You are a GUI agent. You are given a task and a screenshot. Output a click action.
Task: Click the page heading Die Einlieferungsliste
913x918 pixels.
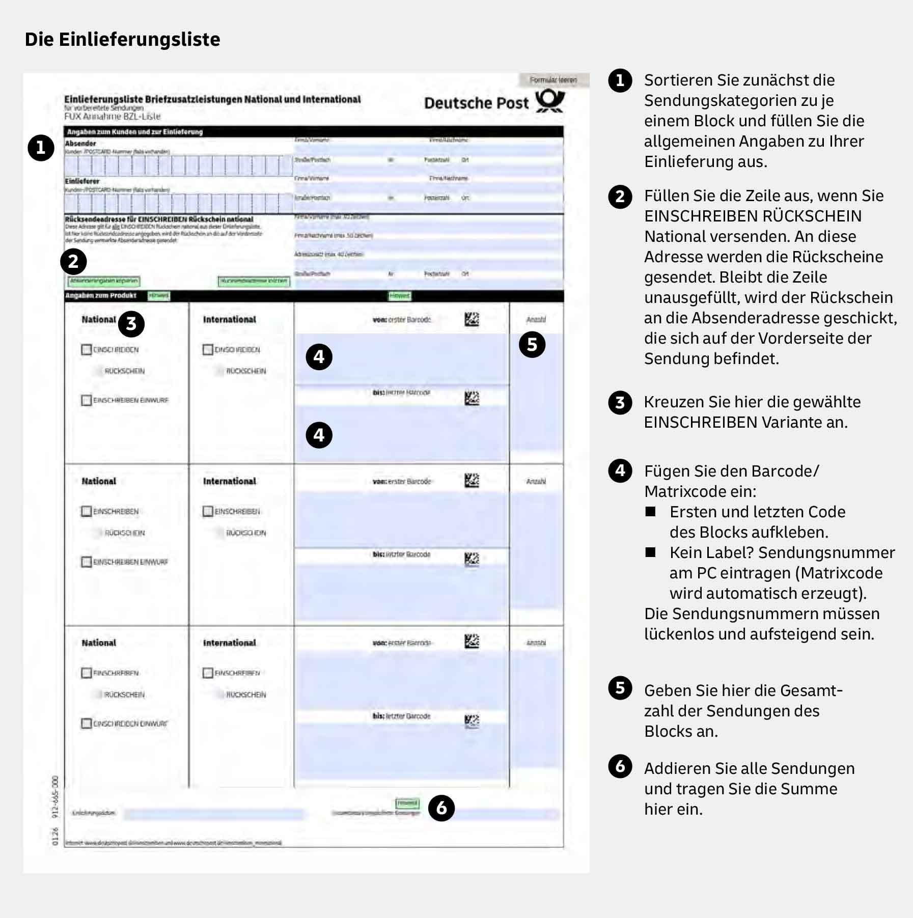(122, 39)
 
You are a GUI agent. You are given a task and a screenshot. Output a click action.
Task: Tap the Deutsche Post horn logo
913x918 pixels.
(550, 101)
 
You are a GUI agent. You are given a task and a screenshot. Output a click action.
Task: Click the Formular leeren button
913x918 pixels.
(553, 80)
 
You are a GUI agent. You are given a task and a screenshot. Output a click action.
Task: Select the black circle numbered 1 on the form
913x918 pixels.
(41, 148)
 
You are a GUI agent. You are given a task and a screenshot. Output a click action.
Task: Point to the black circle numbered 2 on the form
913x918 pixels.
(73, 262)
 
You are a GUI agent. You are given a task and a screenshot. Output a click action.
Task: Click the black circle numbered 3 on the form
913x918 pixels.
(131, 324)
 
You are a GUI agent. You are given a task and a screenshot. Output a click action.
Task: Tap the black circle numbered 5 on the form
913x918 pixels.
(532, 345)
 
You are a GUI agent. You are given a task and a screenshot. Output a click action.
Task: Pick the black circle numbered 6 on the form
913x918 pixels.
(441, 808)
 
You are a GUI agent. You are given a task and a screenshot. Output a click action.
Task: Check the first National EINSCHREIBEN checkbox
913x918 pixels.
(86, 350)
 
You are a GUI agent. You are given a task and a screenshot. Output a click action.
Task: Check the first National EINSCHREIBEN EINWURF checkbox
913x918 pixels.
(86, 400)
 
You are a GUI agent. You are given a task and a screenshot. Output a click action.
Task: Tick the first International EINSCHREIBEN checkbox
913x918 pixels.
(208, 350)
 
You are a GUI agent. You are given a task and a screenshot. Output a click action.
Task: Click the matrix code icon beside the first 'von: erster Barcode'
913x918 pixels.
(472, 320)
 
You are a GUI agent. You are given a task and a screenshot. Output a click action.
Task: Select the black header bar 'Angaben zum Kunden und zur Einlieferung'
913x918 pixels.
(314, 132)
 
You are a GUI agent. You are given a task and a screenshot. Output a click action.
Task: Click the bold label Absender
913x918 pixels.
(80, 144)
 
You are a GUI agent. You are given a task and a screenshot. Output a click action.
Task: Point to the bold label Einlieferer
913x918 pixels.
(82, 181)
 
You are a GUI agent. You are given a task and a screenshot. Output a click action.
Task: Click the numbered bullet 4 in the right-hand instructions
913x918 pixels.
(620, 470)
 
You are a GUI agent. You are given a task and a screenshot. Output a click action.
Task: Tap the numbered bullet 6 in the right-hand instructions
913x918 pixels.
(620, 766)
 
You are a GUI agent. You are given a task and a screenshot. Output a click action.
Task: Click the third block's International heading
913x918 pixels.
(230, 643)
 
